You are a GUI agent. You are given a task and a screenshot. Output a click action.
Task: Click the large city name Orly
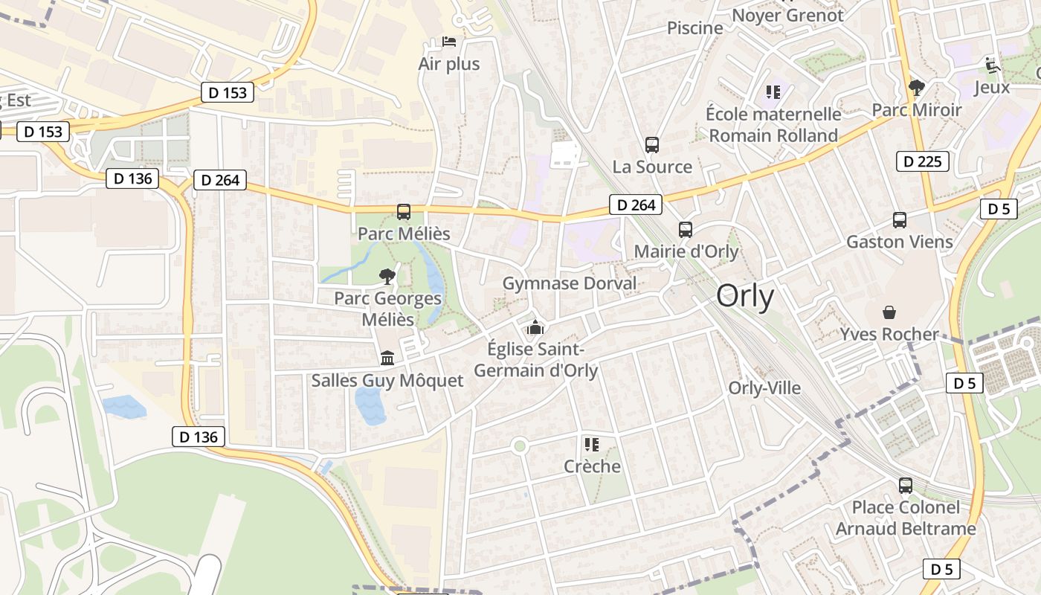point(745,297)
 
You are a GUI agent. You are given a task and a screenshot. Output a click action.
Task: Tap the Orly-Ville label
point(764,387)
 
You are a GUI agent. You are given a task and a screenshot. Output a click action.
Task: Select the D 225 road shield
point(923,161)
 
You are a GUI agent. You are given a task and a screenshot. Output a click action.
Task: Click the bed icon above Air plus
point(449,41)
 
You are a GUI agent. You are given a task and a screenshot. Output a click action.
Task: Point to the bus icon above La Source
point(652,144)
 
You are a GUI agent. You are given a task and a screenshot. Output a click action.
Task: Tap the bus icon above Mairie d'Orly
point(685,230)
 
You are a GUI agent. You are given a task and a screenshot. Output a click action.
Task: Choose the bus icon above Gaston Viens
point(900,220)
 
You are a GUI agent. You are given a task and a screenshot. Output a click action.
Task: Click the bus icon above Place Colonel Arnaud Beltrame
point(905,486)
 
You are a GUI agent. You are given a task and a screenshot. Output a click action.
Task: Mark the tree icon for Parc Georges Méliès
point(387,277)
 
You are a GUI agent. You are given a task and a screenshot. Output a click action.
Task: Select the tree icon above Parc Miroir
point(917,88)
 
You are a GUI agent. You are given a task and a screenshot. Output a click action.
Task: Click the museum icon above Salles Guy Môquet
point(387,358)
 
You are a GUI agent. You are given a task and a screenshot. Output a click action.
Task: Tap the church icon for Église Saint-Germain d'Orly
point(535,327)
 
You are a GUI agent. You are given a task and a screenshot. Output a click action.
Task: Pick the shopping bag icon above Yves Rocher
point(889,312)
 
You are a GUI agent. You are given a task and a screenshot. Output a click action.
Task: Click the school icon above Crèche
point(592,445)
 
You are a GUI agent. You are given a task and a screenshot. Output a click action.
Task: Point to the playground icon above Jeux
point(992,65)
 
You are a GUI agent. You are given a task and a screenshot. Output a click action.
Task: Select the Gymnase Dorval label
point(570,283)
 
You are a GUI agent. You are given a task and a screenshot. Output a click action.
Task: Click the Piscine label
point(694,28)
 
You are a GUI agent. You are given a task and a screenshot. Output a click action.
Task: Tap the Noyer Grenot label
point(788,15)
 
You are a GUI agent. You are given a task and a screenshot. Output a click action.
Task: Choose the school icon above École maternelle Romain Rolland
point(773,92)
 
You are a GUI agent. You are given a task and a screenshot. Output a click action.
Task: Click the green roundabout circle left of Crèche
point(520,446)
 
